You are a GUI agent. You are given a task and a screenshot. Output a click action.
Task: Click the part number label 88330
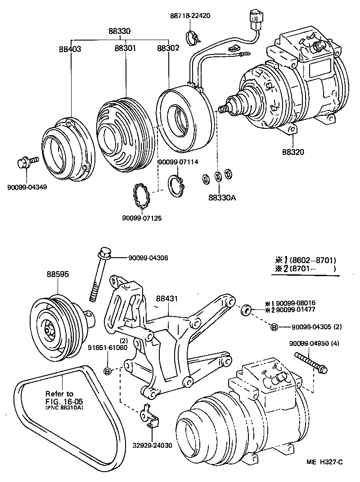coord(119,31)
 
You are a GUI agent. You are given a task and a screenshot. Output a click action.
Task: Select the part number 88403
coord(70,48)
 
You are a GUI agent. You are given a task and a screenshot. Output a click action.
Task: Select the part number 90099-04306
coord(148,258)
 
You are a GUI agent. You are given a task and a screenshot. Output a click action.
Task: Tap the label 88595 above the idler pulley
coord(58,274)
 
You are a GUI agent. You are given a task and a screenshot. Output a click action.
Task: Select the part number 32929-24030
coord(152,445)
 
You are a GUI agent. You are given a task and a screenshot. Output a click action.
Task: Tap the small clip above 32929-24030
coord(150,416)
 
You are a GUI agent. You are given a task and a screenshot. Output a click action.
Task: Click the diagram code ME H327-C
coord(325,462)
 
